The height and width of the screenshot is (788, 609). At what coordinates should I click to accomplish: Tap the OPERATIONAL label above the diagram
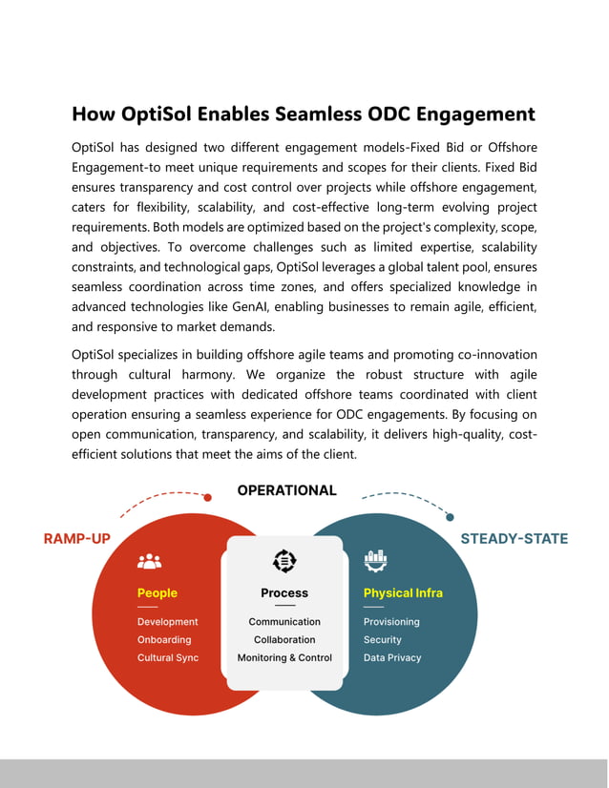click(286, 490)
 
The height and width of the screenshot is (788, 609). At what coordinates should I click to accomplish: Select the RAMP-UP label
click(77, 539)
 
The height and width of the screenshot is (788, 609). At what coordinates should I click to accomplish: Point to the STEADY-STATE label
click(514, 539)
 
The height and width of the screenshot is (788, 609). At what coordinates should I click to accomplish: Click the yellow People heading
click(157, 593)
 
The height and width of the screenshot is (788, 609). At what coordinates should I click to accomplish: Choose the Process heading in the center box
click(284, 593)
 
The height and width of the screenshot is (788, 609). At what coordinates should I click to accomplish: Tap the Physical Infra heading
click(403, 593)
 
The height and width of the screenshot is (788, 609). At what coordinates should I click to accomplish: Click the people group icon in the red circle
click(149, 562)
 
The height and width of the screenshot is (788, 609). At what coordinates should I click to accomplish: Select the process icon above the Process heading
click(284, 561)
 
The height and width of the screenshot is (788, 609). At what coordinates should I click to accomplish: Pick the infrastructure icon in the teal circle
click(374, 561)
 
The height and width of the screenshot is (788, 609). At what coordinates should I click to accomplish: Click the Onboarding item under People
click(164, 640)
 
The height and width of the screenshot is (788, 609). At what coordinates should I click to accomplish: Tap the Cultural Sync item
click(168, 658)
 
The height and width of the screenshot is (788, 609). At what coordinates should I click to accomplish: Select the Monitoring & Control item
click(284, 658)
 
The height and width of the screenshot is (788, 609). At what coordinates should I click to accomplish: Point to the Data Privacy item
click(392, 658)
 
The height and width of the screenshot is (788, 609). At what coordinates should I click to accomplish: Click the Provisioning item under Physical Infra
click(391, 622)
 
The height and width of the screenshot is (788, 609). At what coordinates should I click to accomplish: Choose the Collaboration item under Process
click(284, 640)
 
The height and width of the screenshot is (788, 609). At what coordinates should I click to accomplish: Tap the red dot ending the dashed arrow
click(207, 496)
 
